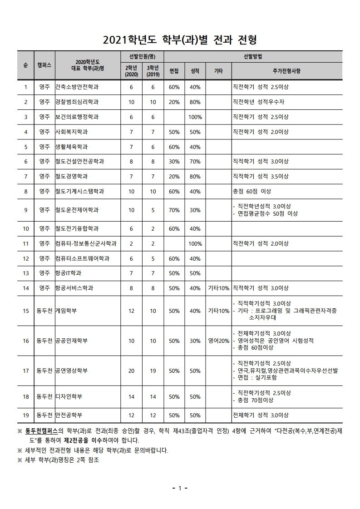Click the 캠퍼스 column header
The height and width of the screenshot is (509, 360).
pos(44,65)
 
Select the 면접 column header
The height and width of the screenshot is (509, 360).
pos(174,71)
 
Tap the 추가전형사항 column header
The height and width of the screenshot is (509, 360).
pos(286,71)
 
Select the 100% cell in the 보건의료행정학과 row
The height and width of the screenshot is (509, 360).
pos(195,117)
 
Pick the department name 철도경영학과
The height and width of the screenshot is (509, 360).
pos(71,176)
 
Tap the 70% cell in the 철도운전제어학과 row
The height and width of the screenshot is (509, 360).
pos(174,210)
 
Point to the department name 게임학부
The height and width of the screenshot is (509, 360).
pos(66,311)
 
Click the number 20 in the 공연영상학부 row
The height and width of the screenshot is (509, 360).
pos(131,371)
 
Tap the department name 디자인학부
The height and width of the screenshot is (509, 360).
pos(69,396)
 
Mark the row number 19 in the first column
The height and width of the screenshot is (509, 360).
pos(26,415)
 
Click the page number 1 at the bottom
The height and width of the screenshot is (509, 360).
pos(180,488)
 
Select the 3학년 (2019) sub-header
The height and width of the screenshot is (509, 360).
pos(153,71)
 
